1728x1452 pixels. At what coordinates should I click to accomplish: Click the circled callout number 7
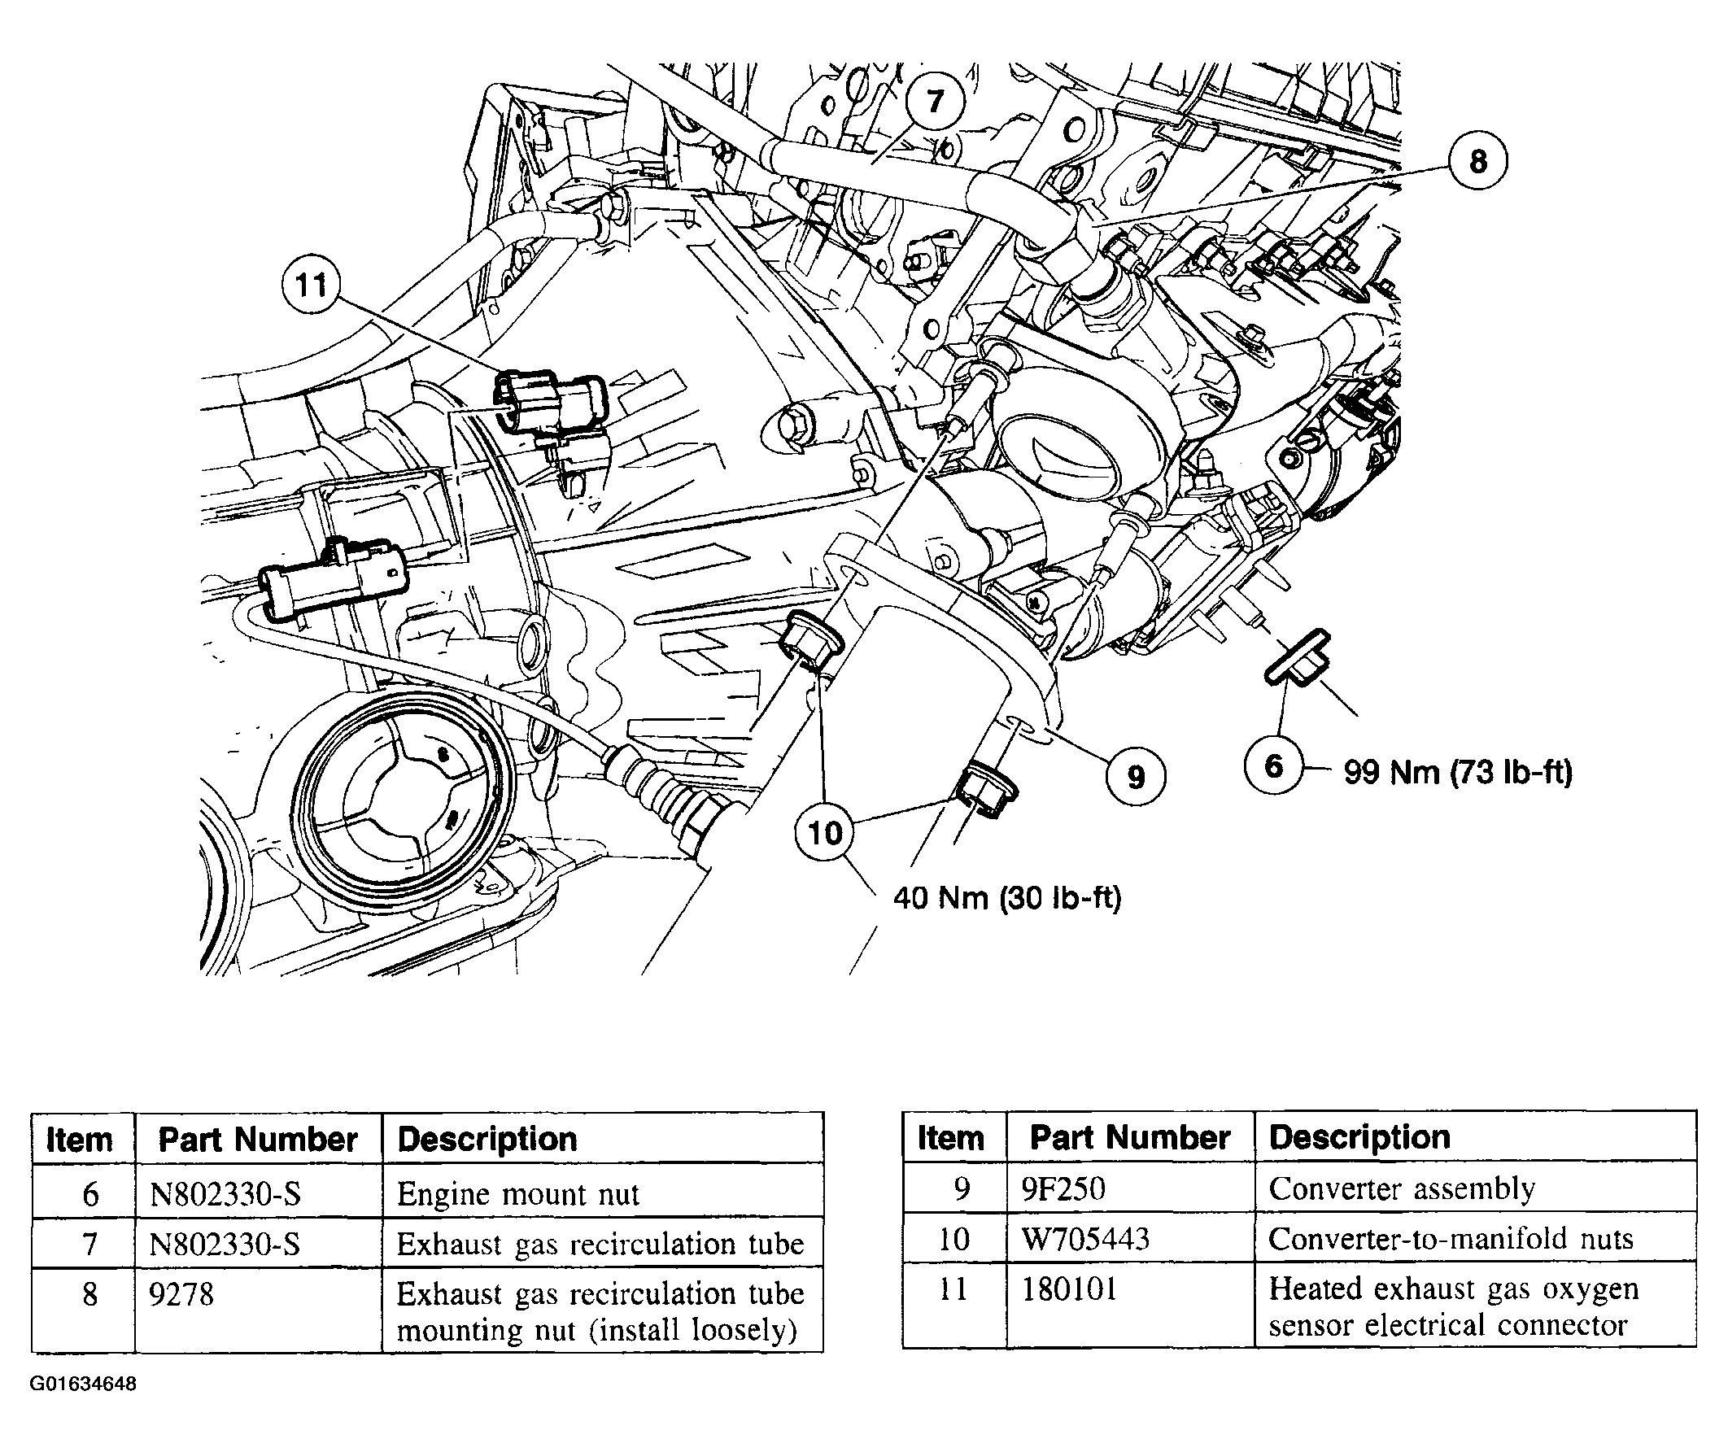coord(935,100)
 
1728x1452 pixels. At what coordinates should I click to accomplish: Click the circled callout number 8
coord(1477,160)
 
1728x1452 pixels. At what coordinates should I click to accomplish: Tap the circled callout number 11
coord(310,285)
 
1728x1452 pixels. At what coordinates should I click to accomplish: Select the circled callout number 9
coord(1136,775)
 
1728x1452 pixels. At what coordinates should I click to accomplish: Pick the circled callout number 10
coord(825,832)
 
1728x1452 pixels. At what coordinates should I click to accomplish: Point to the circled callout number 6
coord(1273,766)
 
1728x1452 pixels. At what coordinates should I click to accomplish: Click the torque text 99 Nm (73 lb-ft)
coord(1458,772)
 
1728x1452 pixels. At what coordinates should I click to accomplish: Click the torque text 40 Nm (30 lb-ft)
coord(1007,897)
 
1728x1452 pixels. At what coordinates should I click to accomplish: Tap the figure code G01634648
coord(83,1384)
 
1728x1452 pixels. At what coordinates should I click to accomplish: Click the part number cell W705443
coord(1085,1239)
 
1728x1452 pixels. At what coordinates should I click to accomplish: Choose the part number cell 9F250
coord(1063,1188)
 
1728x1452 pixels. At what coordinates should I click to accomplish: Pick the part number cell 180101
coord(1068,1289)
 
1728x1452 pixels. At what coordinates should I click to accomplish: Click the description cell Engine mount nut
coord(517,1194)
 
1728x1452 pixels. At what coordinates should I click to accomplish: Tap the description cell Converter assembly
coord(1401,1188)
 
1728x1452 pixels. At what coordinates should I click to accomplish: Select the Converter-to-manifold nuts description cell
coord(1450,1239)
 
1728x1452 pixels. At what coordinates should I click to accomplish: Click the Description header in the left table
coord(487,1140)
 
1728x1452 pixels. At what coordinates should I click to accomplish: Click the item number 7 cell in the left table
coord(89,1244)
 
